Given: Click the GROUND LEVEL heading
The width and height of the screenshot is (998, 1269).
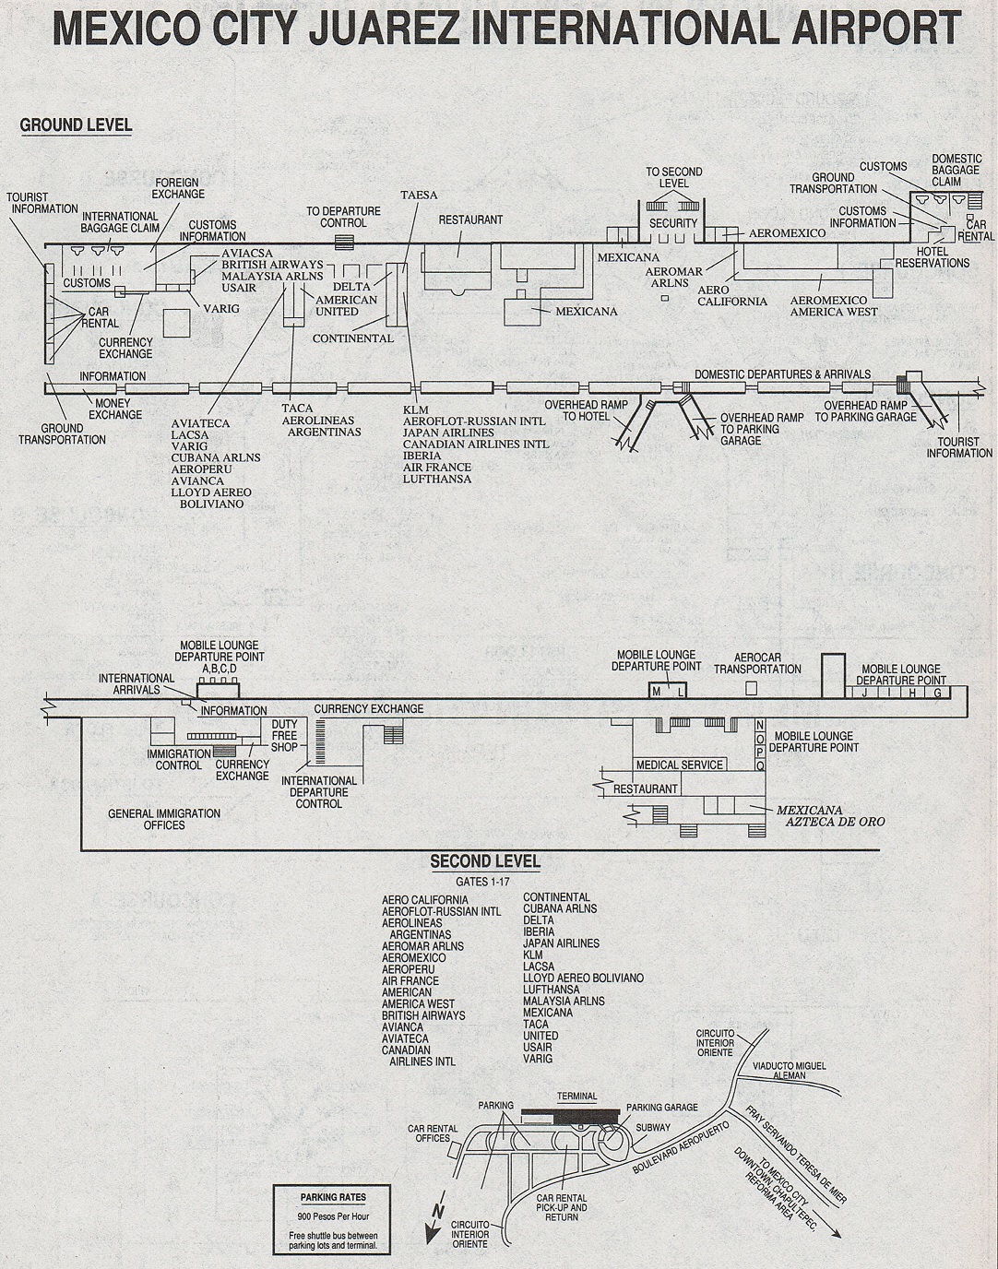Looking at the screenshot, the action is click(x=76, y=125).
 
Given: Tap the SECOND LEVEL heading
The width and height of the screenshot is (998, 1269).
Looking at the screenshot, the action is click(x=485, y=861).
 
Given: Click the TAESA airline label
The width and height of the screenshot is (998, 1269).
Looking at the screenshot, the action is click(x=420, y=195).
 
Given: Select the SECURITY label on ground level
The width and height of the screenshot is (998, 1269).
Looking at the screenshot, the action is click(x=673, y=223).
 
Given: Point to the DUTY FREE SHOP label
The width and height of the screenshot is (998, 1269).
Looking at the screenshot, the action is click(x=284, y=735).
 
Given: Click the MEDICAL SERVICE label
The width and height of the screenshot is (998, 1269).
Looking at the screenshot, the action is click(x=680, y=765).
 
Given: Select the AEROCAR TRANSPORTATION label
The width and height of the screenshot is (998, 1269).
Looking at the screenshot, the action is click(x=757, y=663).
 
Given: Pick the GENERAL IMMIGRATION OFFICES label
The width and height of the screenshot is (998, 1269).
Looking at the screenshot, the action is click(x=164, y=819).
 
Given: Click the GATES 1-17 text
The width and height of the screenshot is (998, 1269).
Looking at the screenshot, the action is click(x=482, y=883).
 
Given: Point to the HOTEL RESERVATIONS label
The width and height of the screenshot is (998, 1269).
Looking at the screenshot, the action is click(x=932, y=257).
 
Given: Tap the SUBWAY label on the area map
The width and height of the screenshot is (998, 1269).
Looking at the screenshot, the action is click(x=653, y=1128).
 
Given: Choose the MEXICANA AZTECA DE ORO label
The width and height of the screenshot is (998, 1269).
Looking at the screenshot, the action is click(x=835, y=816).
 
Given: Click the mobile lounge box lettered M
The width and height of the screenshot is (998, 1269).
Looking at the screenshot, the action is click(x=657, y=693).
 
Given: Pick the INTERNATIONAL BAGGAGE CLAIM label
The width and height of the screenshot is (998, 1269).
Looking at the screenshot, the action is click(x=120, y=222).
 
